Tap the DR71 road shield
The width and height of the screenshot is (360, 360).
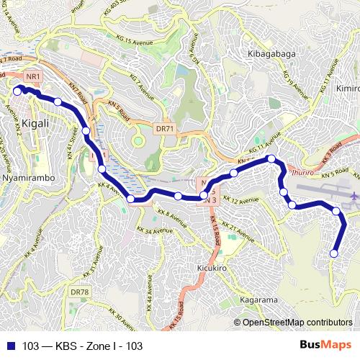[165, 129]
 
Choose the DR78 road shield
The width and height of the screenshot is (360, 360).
[78, 292]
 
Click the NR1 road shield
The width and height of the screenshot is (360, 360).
[32, 76]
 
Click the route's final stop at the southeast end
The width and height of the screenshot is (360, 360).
[334, 253]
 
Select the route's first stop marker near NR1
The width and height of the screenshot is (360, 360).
[17, 91]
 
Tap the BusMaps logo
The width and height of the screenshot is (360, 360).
[320, 346]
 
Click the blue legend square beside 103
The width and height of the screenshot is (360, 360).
[11, 346]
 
